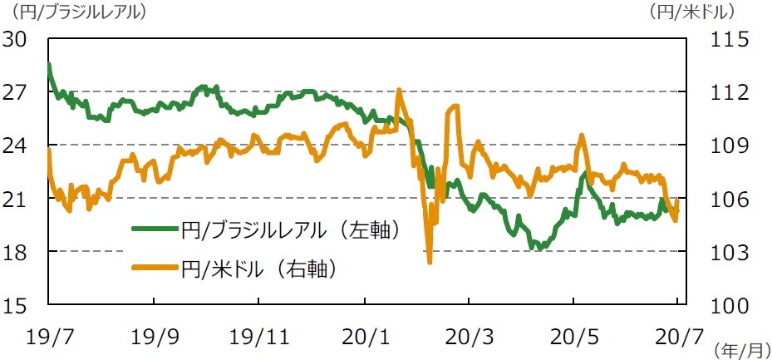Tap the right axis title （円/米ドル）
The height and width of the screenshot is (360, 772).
[x=691, y=12]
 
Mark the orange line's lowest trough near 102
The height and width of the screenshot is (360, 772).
[x=430, y=262]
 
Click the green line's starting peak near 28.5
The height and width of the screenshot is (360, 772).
[x=49, y=64]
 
